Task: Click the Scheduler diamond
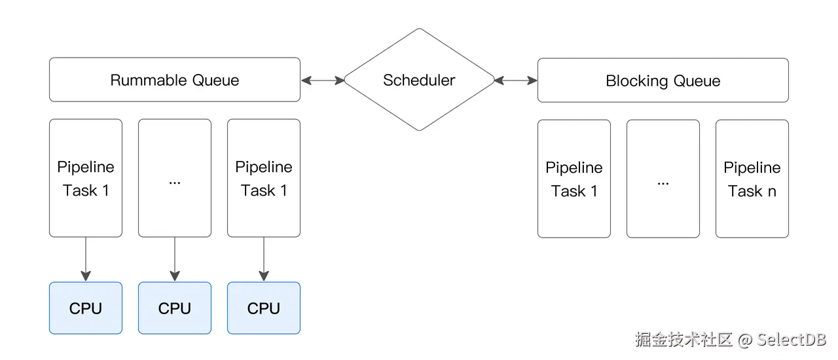pyautogui.click(x=419, y=80)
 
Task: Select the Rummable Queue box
pyautogui.click(x=174, y=80)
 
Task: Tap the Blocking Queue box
pyautogui.click(x=663, y=81)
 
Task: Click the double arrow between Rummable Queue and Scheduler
pyautogui.click(x=322, y=81)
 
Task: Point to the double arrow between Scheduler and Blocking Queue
pyautogui.click(x=516, y=81)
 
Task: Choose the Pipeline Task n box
pyautogui.click(x=752, y=179)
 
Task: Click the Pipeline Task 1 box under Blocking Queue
pyautogui.click(x=574, y=179)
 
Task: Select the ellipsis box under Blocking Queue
pyautogui.click(x=663, y=179)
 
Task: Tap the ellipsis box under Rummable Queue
pyautogui.click(x=174, y=178)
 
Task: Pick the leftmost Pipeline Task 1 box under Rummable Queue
pyautogui.click(x=86, y=178)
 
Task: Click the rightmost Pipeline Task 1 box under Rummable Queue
pyautogui.click(x=263, y=178)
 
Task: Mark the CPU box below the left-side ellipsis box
pyautogui.click(x=174, y=308)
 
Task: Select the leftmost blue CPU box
pyautogui.click(x=86, y=308)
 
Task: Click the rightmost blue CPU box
pyautogui.click(x=263, y=308)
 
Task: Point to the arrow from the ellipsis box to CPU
pyautogui.click(x=174, y=259)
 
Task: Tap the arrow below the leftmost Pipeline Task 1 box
pyautogui.click(x=86, y=259)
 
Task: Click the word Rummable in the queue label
pyautogui.click(x=149, y=81)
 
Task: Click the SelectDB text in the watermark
pyautogui.click(x=792, y=340)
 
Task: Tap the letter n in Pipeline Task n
pyautogui.click(x=772, y=191)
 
